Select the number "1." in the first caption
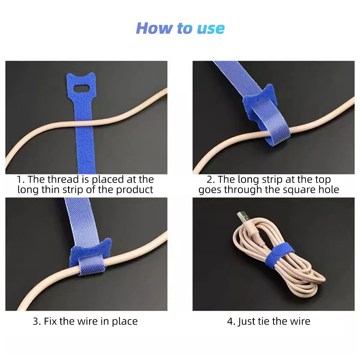click(x=21, y=180)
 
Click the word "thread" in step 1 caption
click(x=63, y=179)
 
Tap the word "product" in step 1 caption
click(x=135, y=190)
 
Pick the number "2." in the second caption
click(x=211, y=180)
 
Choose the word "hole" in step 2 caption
click(x=329, y=189)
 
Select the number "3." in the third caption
click(x=37, y=322)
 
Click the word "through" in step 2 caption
click(x=243, y=190)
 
